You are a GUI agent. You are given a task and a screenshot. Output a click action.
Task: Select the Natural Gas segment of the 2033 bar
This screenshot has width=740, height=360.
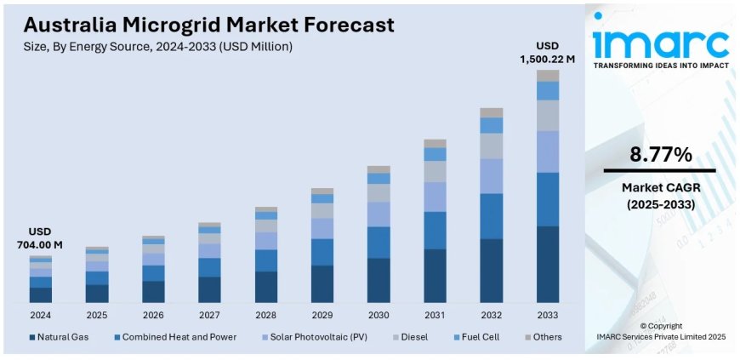pos(548,264)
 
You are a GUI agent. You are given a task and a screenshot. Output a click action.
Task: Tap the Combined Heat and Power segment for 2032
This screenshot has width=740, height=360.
pos(492,215)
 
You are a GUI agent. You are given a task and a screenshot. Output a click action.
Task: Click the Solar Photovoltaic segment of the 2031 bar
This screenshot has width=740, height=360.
pos(435,197)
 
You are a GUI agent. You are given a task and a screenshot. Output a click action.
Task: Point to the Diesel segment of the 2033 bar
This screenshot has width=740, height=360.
pos(548,115)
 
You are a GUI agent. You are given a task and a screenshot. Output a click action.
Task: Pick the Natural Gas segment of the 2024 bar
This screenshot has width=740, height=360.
pos(40,294)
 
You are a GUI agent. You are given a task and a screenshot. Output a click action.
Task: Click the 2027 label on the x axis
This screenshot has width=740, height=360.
pos(209,314)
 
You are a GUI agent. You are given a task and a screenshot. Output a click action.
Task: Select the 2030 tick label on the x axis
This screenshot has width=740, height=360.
pos(379,314)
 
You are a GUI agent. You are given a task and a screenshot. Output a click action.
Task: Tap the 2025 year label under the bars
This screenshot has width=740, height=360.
pos(97,314)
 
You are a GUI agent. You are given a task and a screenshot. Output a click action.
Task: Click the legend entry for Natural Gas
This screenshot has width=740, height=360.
pos(60,337)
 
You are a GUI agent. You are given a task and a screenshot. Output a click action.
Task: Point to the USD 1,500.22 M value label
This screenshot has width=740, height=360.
pos(548,52)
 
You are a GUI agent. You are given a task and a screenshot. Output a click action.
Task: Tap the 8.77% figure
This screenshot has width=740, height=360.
pos(660,155)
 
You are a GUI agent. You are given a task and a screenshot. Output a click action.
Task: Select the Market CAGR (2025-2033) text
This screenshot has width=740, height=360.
pos(660,196)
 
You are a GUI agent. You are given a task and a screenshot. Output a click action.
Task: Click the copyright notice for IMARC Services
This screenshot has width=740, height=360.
pos(660,332)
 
